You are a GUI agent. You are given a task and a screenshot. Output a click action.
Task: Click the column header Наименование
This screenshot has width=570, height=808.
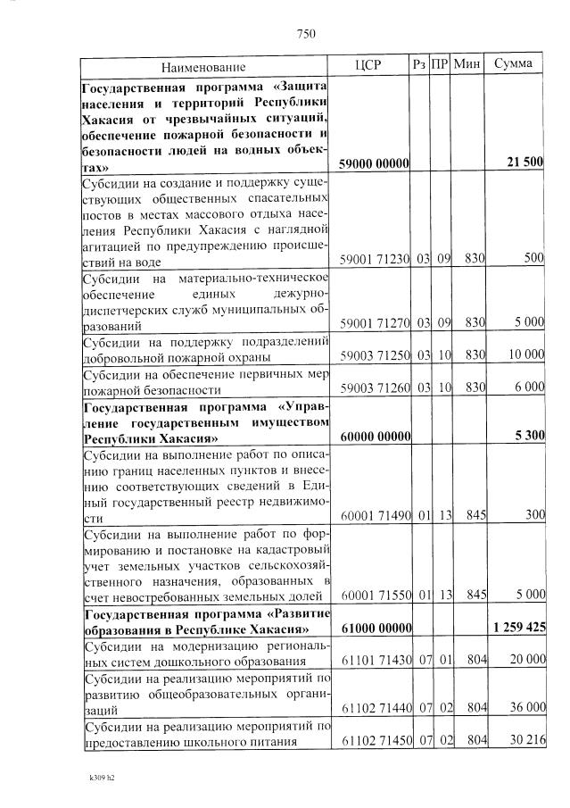coord(203,67)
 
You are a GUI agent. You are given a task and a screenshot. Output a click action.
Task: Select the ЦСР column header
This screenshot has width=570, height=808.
coord(368,65)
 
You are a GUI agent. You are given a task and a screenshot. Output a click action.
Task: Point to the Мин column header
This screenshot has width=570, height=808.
coord(467,64)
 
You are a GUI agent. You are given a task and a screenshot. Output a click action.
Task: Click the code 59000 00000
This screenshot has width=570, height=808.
coord(374,164)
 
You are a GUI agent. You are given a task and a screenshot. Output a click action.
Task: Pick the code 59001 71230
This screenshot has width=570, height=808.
coord(375,259)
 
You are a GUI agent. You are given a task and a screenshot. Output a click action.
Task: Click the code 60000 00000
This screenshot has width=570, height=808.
coord(374,437)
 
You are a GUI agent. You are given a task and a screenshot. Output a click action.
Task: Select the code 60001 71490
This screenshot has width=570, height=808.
coord(375,516)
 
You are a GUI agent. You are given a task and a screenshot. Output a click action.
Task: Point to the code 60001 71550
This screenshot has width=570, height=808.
coord(375,594)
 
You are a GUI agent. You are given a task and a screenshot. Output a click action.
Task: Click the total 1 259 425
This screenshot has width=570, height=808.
coord(518,627)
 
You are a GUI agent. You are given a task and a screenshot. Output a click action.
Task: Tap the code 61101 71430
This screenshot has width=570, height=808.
coord(375,659)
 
